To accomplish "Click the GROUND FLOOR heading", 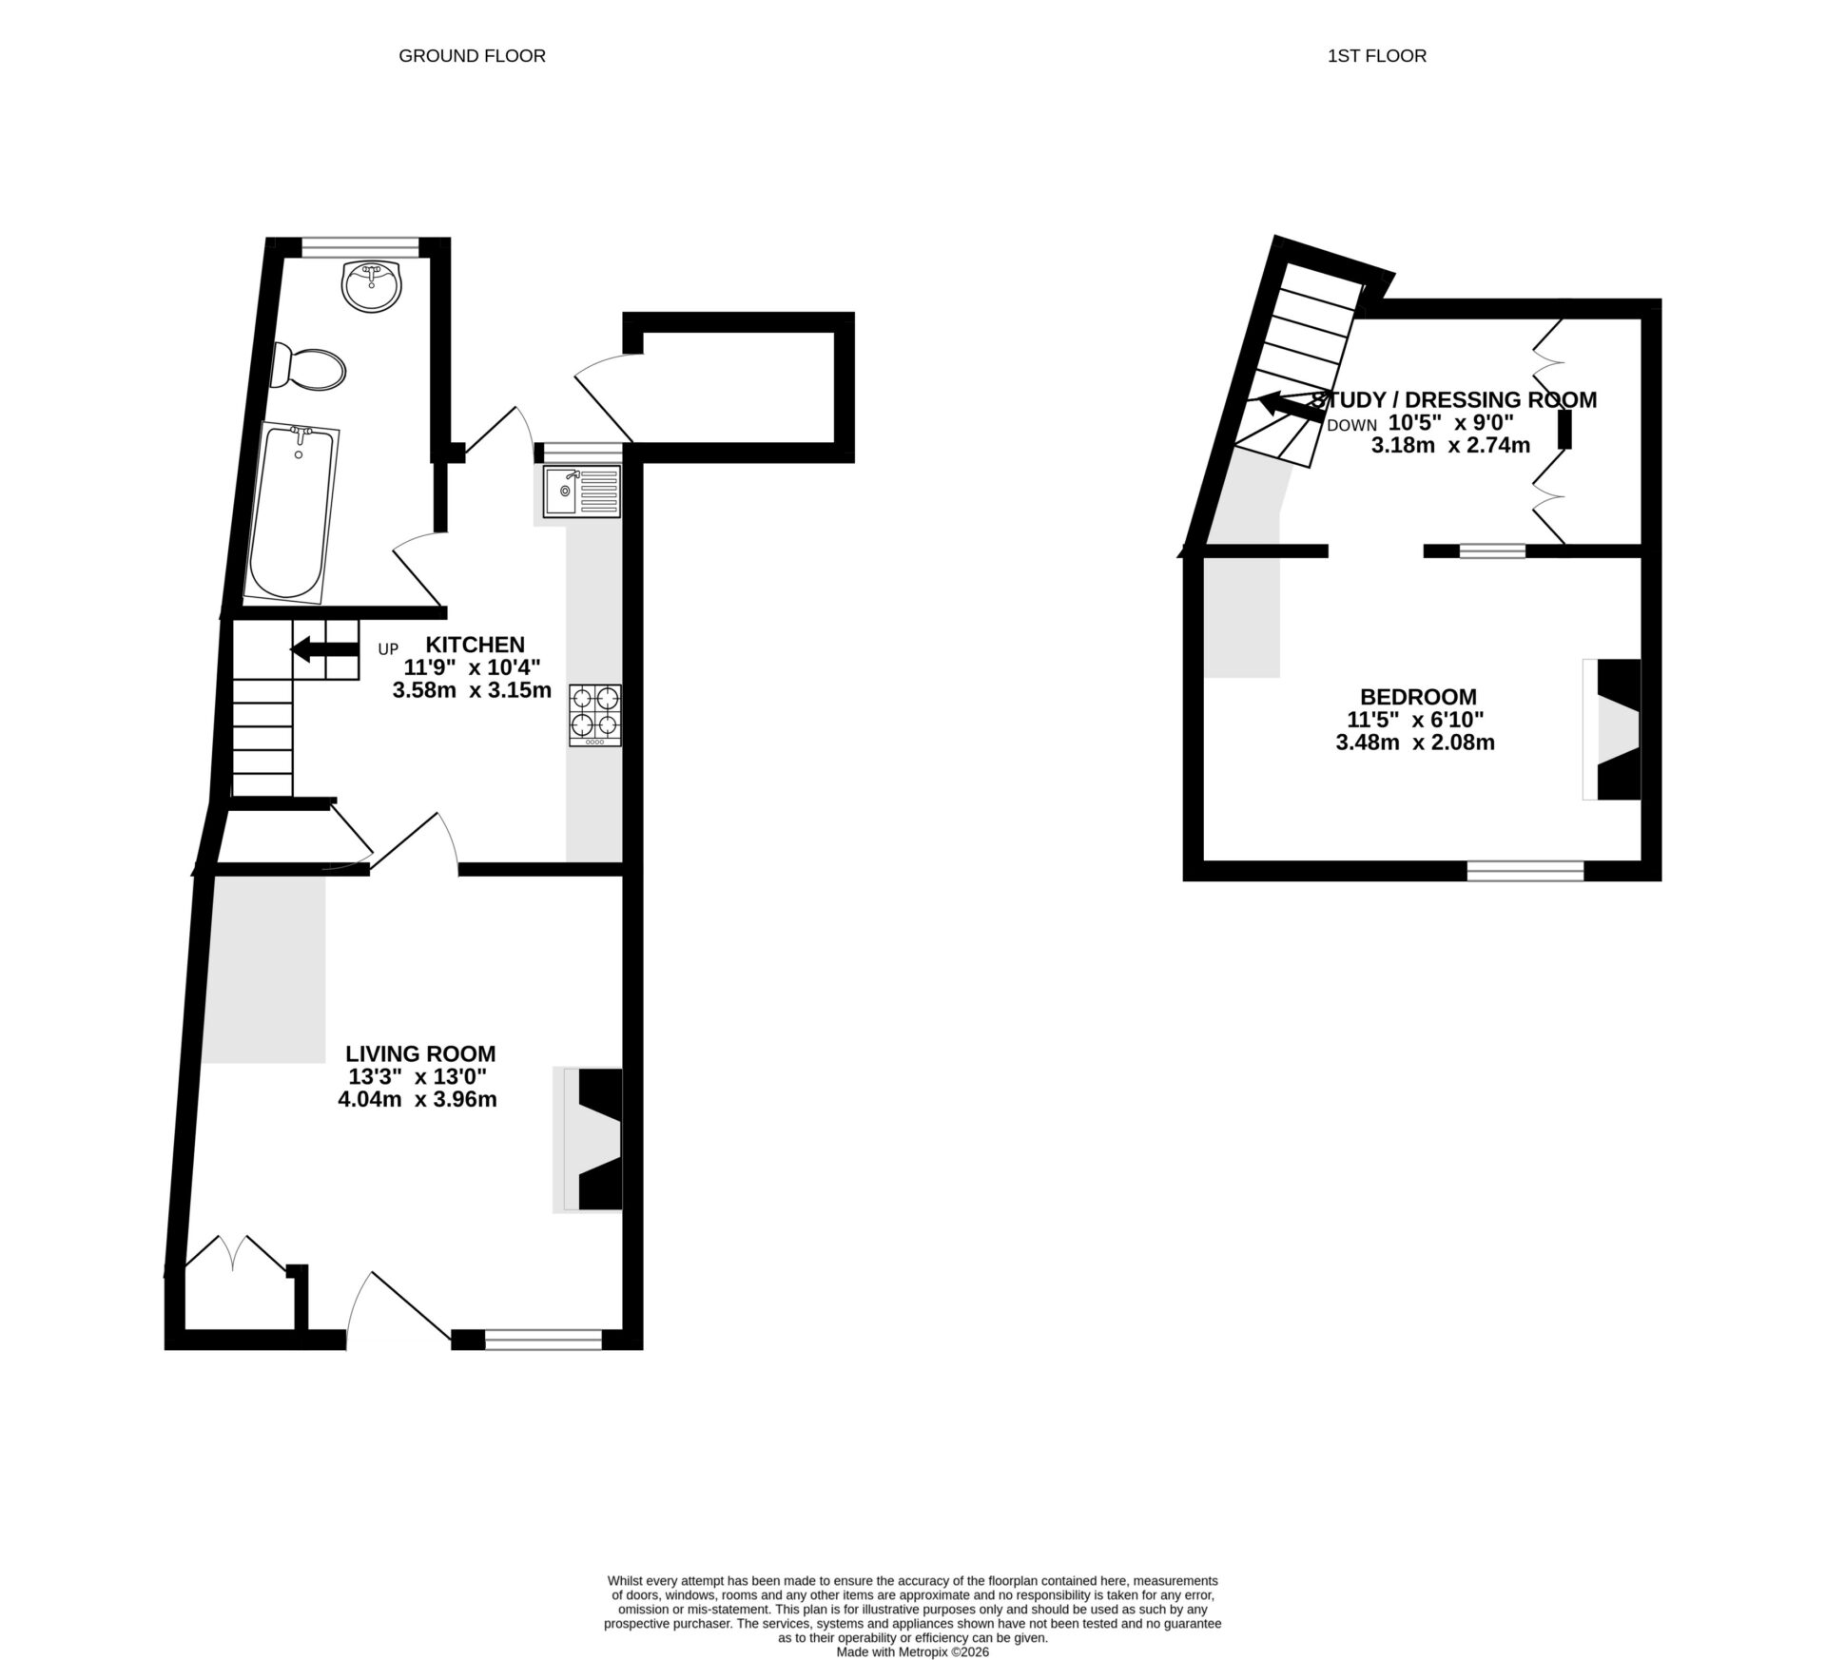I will tap(472, 56).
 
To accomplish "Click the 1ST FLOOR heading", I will tap(1376, 56).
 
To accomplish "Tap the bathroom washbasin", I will tap(373, 285).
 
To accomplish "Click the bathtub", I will tap(292, 512).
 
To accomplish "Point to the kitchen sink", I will tap(581, 492).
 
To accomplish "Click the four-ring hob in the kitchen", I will tap(595, 715).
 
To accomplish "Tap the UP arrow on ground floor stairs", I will tap(323, 649).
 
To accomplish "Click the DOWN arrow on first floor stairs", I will tap(1290, 407).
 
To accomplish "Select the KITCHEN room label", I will tap(474, 644).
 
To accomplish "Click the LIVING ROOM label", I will tap(419, 1053).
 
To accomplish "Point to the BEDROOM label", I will tap(1417, 696).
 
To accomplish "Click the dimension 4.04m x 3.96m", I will tap(418, 1100).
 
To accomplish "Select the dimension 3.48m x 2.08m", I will tap(1414, 743).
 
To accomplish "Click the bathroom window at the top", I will tap(360, 247).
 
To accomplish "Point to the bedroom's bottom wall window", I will tap(1525, 870).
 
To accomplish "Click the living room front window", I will tap(543, 1340).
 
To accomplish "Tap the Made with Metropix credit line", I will tap(912, 1652).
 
